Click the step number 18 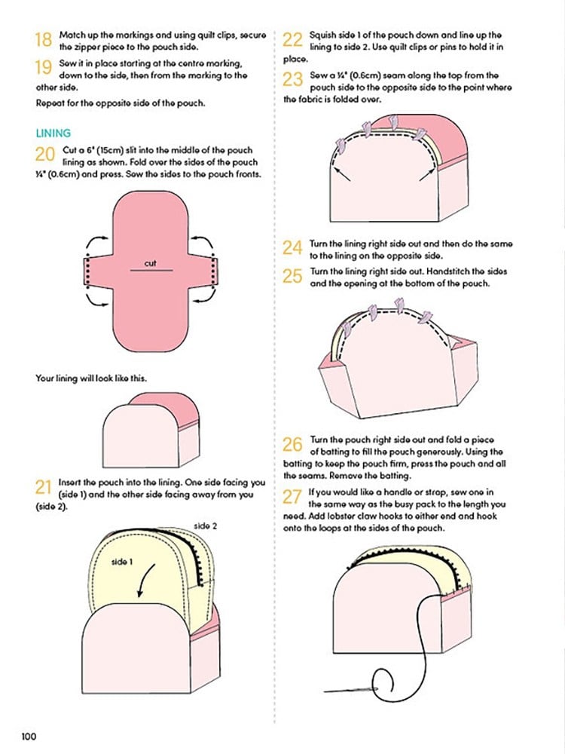[x=43, y=39]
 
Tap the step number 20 [x=44, y=155]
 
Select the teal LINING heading [x=53, y=133]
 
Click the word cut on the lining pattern [x=151, y=263]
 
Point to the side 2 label [x=205, y=526]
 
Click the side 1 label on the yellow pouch [x=122, y=562]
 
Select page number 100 [x=29, y=736]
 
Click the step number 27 [x=292, y=497]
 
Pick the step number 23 [x=292, y=79]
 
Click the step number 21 [x=43, y=487]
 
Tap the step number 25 [x=292, y=276]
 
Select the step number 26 [x=292, y=444]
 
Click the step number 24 [x=292, y=248]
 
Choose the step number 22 [x=292, y=39]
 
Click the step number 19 [x=43, y=67]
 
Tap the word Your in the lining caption [x=44, y=378]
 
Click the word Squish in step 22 [x=322, y=35]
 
